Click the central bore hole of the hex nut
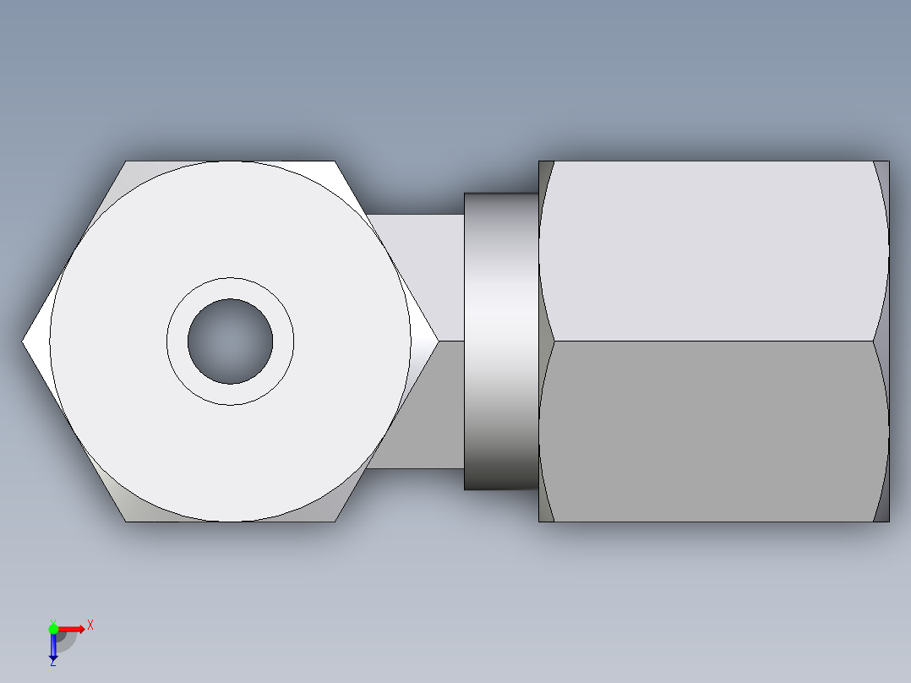tap(230, 341)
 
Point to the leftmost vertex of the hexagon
tap(23, 341)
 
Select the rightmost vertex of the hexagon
tap(438, 341)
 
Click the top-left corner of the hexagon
tap(127, 161)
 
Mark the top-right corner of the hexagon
tap(335, 161)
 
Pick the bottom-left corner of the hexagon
tap(127, 521)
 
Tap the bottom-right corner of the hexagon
tap(335, 521)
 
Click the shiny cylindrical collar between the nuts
tap(500, 341)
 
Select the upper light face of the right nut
tap(714, 251)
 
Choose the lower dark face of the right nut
tap(714, 431)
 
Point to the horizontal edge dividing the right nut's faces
tap(714, 341)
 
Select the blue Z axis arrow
tap(53, 647)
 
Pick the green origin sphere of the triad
tap(53, 628)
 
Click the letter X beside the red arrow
tap(90, 626)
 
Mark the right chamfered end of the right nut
tap(881, 341)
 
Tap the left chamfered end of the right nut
tap(546, 341)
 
